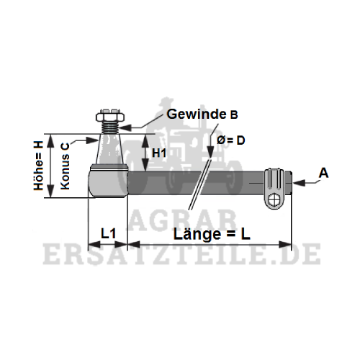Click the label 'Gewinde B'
click(x=202, y=114)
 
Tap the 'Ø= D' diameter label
click(x=230, y=140)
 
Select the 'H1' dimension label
click(x=159, y=153)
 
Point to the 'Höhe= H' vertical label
click(x=38, y=166)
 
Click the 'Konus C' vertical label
click(x=65, y=166)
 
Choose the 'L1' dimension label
click(x=109, y=233)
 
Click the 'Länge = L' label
click(x=212, y=234)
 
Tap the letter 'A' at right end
click(x=323, y=173)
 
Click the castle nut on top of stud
click(x=110, y=115)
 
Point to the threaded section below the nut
click(x=110, y=127)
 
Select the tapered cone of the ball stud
click(x=109, y=149)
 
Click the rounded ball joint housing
click(x=108, y=181)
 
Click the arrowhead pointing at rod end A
click(x=299, y=183)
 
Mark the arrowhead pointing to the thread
click(x=125, y=127)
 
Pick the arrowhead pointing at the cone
click(x=92, y=140)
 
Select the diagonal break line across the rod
click(x=199, y=184)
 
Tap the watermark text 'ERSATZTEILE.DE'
click(x=181, y=254)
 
